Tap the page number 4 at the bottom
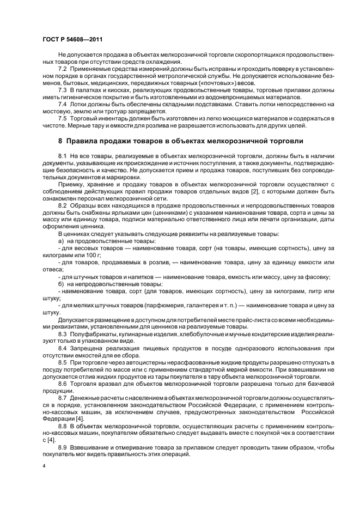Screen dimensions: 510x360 (x=44, y=466)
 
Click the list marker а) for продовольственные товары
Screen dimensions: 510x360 (x=61, y=241)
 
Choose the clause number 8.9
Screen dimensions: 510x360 (x=63, y=446)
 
